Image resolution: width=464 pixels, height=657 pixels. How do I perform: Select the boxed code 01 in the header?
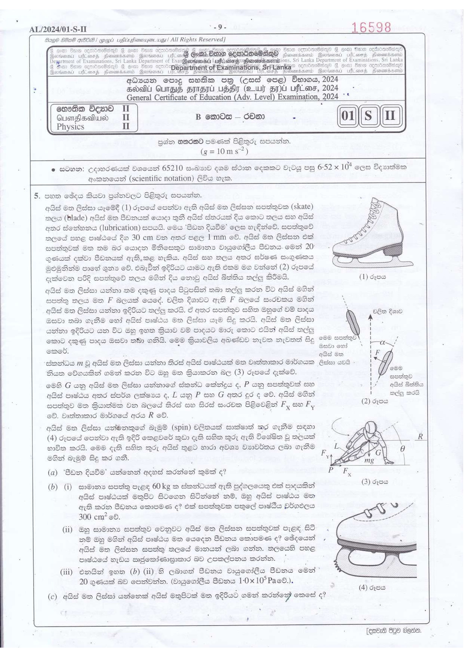pos(348,116)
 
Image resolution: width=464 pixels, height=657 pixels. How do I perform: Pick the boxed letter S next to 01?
pos(369,116)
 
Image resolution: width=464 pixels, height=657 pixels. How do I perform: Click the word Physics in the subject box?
pos(71,127)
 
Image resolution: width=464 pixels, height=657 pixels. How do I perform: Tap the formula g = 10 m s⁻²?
pos(224,151)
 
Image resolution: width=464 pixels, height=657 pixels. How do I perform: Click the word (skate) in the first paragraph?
pos(295,206)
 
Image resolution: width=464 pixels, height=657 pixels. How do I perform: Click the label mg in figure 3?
pos(369,460)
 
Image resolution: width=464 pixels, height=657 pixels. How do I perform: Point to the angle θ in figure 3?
pos(403,448)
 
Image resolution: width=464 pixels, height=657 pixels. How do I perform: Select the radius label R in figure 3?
pos(420,436)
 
